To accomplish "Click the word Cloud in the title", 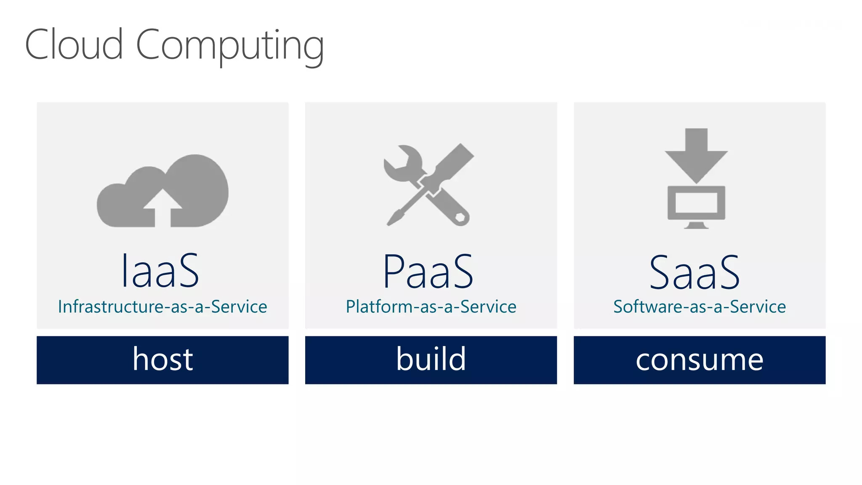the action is [x=74, y=45].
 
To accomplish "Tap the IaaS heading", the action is [x=160, y=271].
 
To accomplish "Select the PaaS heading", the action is [x=428, y=272].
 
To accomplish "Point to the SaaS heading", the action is [x=694, y=273].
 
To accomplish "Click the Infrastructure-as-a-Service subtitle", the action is [x=162, y=306].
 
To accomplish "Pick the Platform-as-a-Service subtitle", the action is [x=431, y=306].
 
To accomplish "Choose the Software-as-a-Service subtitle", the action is [x=700, y=306].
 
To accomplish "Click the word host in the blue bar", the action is [x=163, y=359].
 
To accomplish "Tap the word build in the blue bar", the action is [x=431, y=359].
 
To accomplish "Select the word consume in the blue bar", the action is [x=700, y=360].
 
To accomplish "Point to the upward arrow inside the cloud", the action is [x=162, y=206].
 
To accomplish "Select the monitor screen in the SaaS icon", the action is [x=696, y=203].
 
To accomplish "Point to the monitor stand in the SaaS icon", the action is [x=696, y=225].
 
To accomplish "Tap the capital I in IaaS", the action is [x=124, y=271].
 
